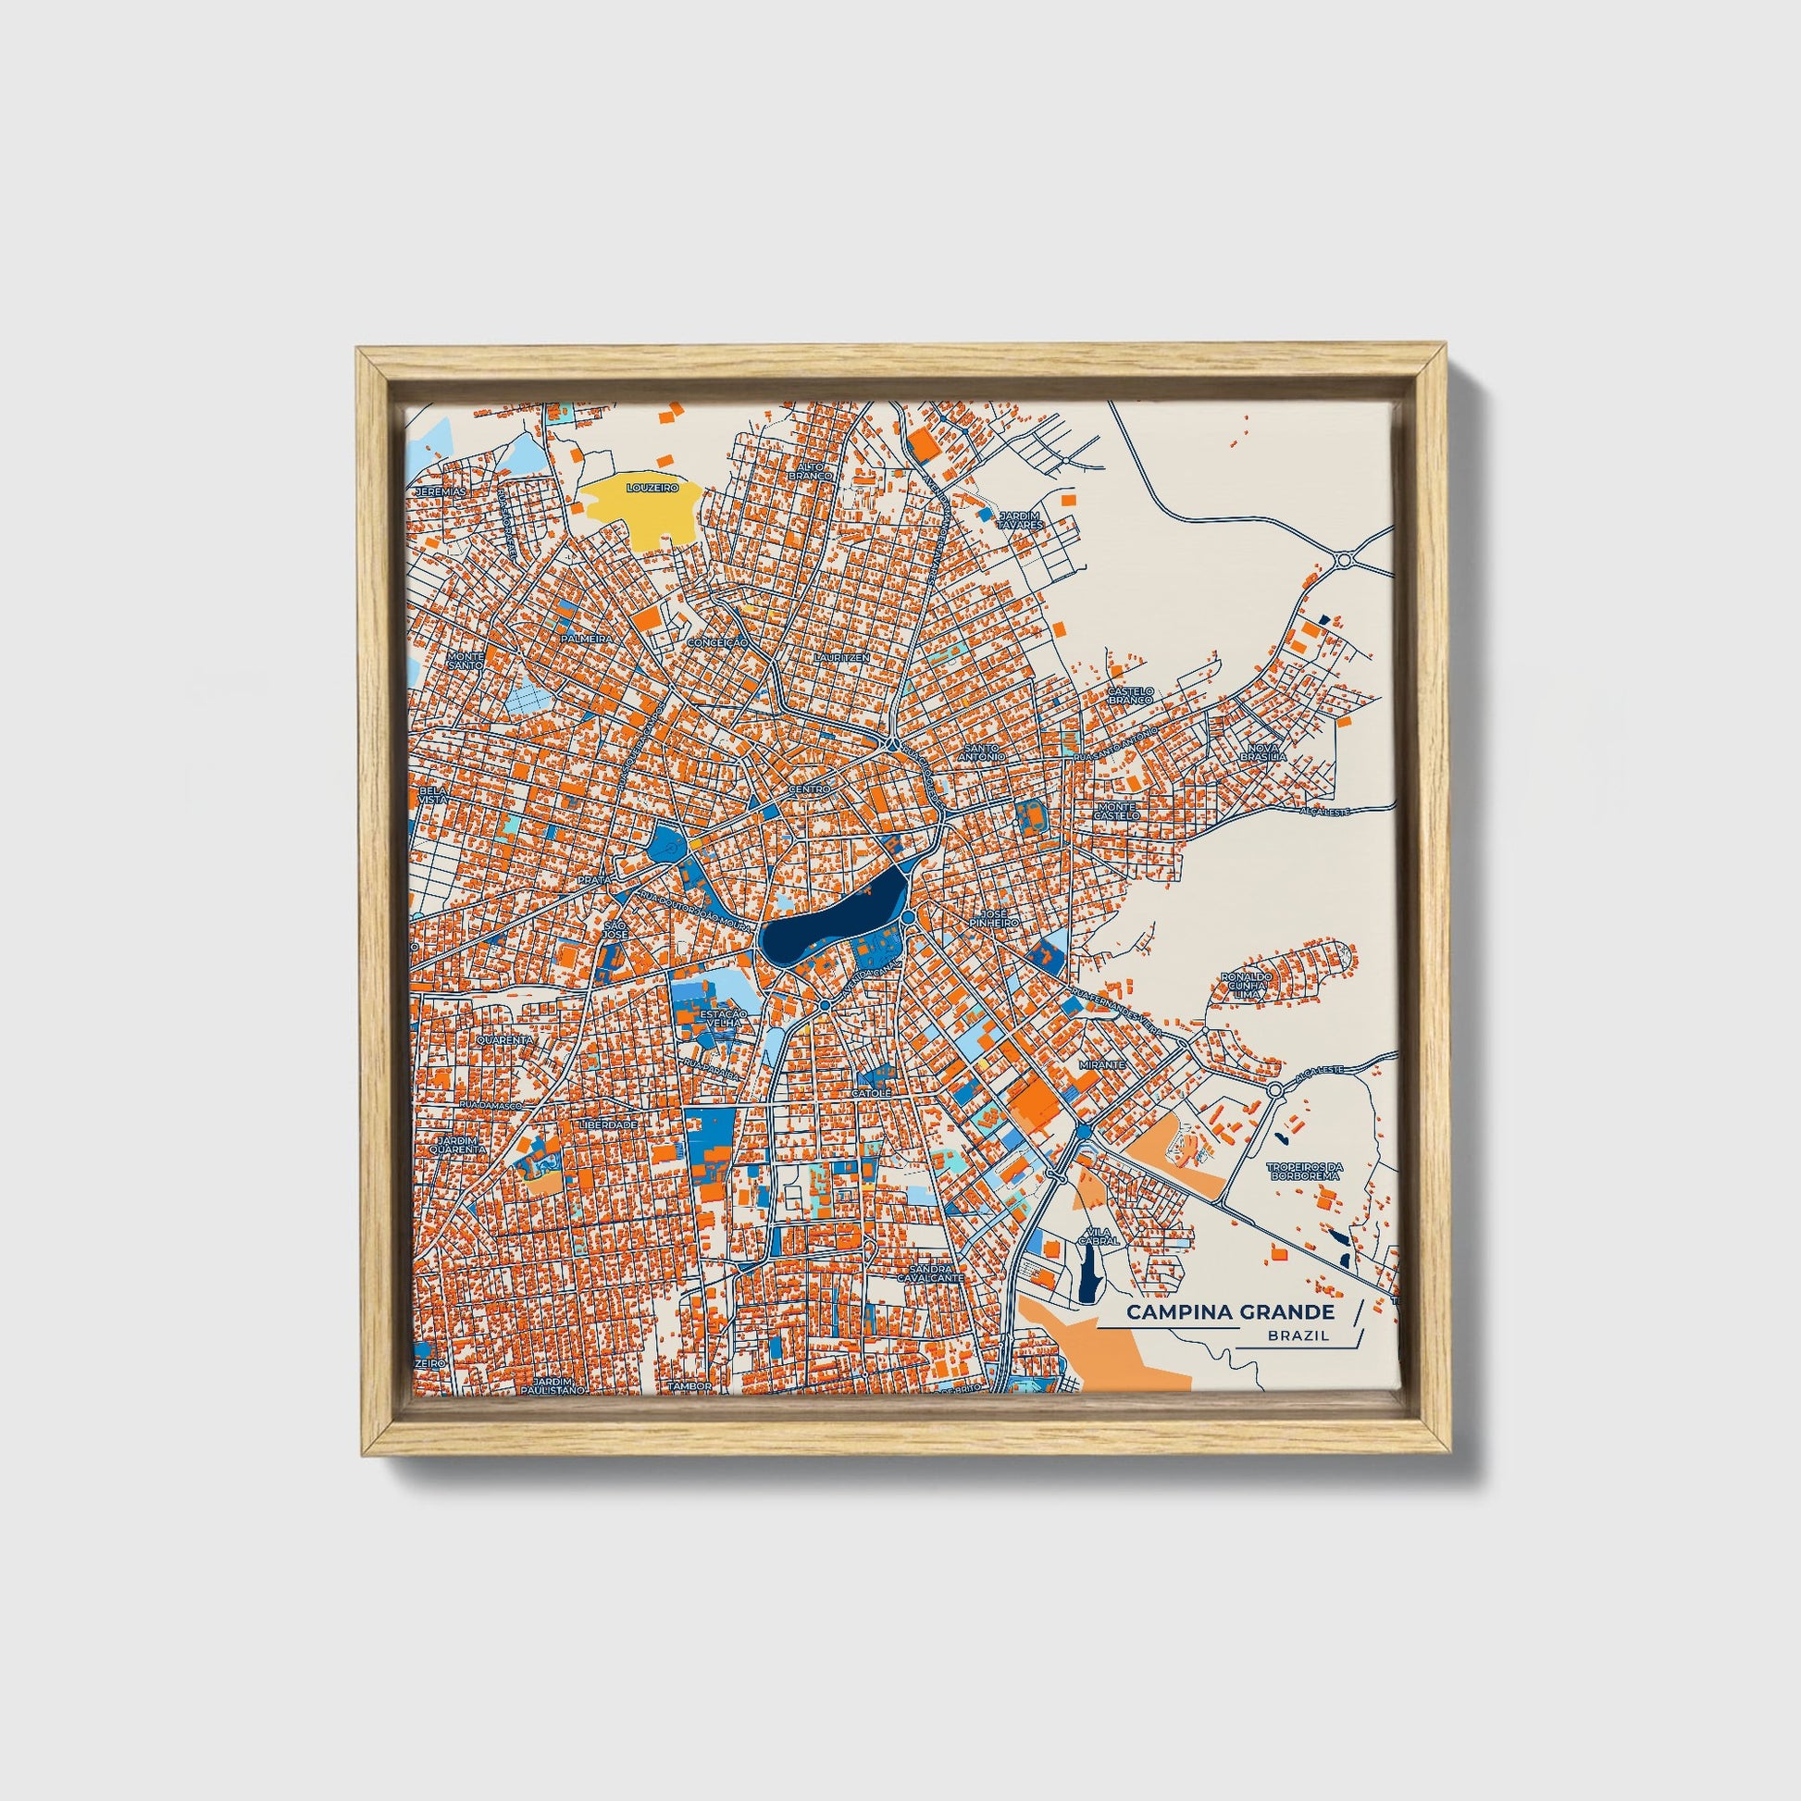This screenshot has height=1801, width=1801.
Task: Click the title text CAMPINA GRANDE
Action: click(1230, 1312)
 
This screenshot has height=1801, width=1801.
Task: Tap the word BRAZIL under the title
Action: click(1298, 1335)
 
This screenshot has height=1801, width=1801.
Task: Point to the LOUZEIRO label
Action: click(652, 488)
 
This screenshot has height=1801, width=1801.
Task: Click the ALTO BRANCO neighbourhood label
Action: click(809, 470)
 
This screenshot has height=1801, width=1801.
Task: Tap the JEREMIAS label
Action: click(440, 491)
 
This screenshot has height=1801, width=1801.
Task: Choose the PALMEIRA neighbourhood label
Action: click(588, 639)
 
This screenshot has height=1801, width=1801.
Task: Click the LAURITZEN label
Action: click(841, 657)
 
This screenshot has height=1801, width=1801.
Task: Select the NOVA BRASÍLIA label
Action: click(1263, 752)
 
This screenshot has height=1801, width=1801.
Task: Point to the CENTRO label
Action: click(809, 789)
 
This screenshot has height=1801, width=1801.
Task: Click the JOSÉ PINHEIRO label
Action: click(994, 918)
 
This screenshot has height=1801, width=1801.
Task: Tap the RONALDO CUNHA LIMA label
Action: click(1246, 987)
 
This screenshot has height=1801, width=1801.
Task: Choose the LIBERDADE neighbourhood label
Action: click(608, 1125)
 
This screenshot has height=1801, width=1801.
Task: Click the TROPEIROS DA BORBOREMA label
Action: click(1303, 1171)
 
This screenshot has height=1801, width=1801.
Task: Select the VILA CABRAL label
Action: click(1098, 1237)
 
